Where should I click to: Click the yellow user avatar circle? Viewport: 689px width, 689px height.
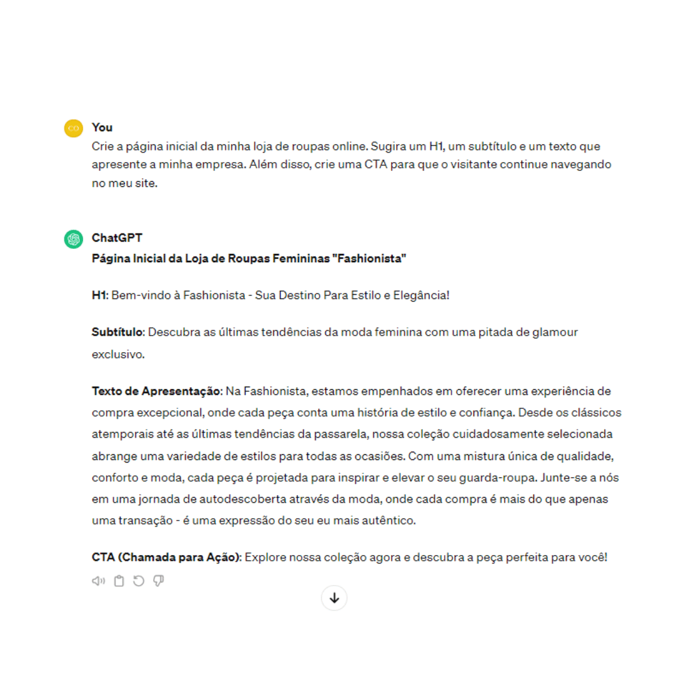coord(74,128)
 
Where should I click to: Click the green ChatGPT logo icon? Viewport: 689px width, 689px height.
coord(74,239)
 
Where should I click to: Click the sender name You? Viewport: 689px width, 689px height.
coord(102,127)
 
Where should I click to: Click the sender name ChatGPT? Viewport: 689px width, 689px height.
coord(117,237)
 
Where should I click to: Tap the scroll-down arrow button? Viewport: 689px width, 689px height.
coord(334,598)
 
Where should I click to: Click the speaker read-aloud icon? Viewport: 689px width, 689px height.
coord(98,581)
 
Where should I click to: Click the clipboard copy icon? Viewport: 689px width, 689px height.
coord(119,581)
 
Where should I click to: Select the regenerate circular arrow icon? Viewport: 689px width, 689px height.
coord(138,581)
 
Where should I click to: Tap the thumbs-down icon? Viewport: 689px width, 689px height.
coord(159,581)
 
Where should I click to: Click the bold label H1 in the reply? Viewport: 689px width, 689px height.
coord(100,295)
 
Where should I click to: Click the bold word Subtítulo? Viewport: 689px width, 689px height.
coord(118,332)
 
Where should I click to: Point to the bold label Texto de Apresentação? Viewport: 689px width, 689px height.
coord(156,390)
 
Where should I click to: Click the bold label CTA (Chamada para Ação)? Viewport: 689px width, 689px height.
coord(166,557)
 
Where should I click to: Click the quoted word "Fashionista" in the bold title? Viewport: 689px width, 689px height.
coord(371,258)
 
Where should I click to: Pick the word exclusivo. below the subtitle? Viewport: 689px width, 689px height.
coord(118,354)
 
